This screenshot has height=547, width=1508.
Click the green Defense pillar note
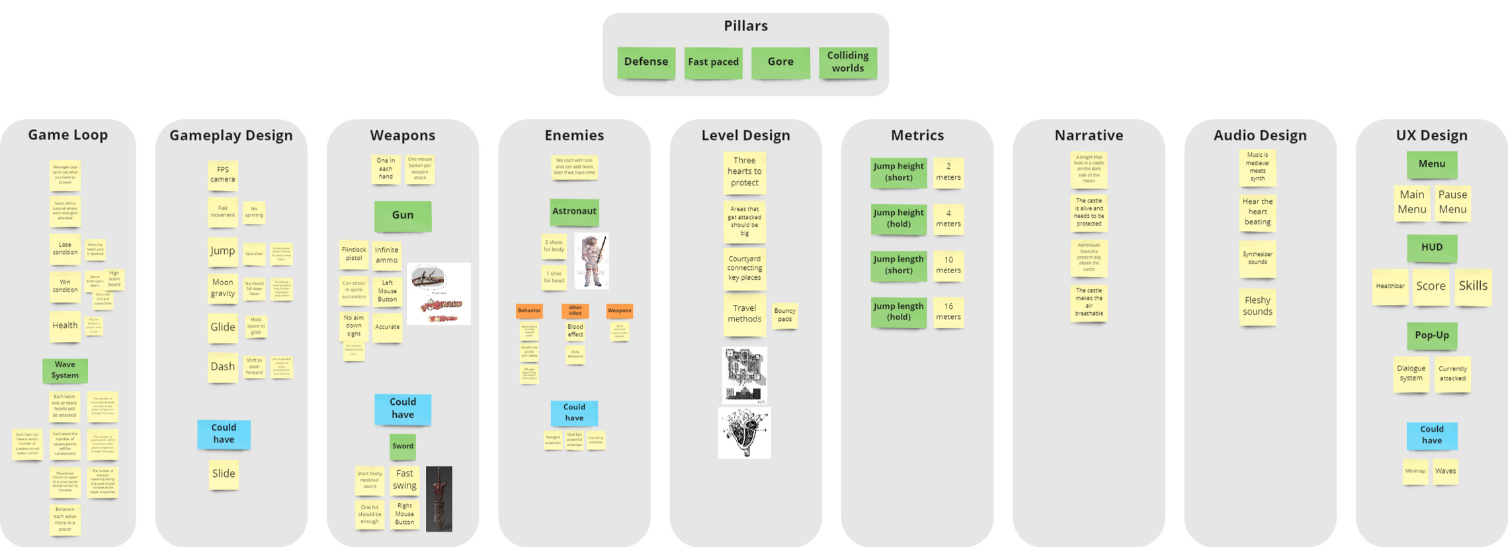click(x=646, y=62)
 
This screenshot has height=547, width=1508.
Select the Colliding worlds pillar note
click(x=847, y=62)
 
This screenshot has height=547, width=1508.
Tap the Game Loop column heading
click(x=67, y=135)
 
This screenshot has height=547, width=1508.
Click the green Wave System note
click(x=65, y=370)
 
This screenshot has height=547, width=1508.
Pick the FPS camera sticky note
click(x=223, y=175)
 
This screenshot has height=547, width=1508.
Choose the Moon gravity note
click(x=223, y=288)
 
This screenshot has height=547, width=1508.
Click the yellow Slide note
click(x=224, y=474)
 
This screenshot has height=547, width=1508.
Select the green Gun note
click(x=403, y=216)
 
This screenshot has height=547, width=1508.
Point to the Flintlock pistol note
click(x=354, y=254)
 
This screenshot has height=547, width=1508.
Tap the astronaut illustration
click(x=591, y=261)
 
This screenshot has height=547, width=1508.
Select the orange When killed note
click(x=575, y=310)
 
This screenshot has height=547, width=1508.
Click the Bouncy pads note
click(x=784, y=315)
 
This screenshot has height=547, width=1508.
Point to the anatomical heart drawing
click(x=744, y=433)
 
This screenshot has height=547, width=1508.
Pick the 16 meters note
click(x=948, y=312)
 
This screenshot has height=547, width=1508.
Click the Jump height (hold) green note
click(x=898, y=218)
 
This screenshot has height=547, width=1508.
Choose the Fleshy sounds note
click(x=1257, y=306)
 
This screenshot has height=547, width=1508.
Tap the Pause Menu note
click(x=1452, y=202)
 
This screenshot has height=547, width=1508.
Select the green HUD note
click(x=1432, y=247)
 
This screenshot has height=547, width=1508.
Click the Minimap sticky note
click(x=1415, y=471)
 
